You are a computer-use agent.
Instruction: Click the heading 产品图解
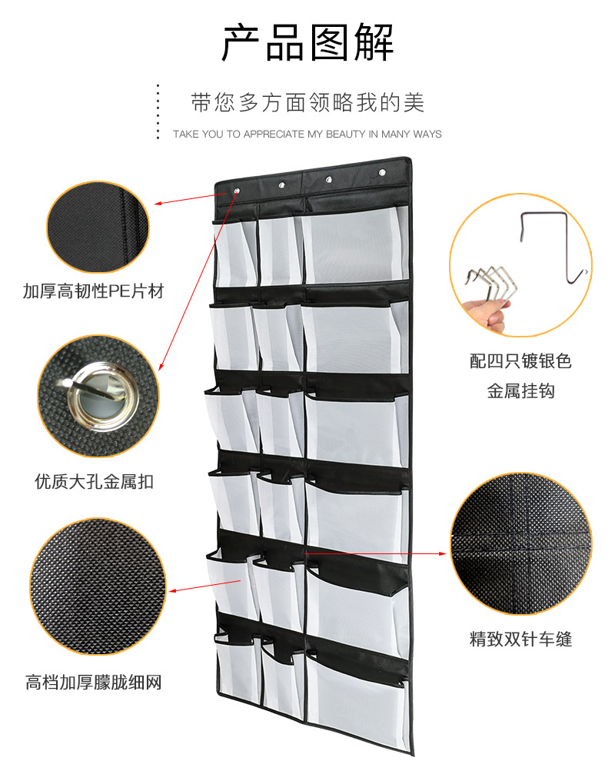coord(307,42)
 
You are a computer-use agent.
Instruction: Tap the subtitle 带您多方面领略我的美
coord(307,102)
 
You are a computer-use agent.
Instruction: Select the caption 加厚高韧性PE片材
coord(93,291)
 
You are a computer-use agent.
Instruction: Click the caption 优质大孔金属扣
coord(94,481)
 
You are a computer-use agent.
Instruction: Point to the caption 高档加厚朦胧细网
coord(93,683)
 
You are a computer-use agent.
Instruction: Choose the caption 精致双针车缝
coord(520,639)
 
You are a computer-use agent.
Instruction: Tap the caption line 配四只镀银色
coord(520,360)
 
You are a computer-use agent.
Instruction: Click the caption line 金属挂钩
coord(520,391)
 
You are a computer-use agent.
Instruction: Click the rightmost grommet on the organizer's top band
coord(382,172)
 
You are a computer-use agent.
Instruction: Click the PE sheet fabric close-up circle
coord(98,227)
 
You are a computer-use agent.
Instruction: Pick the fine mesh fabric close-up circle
coord(98,586)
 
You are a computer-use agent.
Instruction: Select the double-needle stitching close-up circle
coord(520,543)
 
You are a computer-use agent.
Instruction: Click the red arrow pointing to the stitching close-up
coord(376,554)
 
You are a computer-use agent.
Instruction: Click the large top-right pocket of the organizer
coord(355,244)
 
